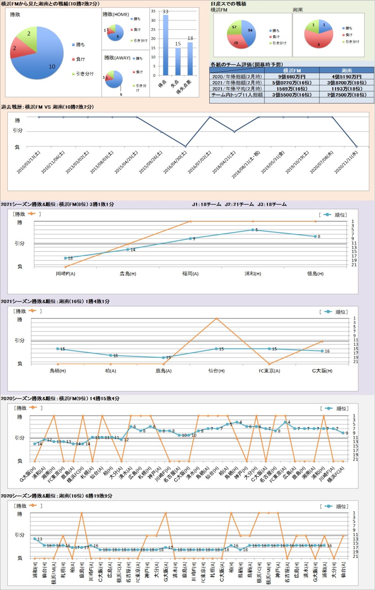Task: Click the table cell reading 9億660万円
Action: click(292, 77)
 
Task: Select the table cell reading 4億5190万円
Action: click(346, 77)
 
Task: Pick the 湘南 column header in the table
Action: click(346, 71)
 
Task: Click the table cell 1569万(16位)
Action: click(292, 89)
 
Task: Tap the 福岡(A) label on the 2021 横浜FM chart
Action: click(190, 274)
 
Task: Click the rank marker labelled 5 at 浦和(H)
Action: click(253, 230)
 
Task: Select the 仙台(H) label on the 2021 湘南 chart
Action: click(216, 371)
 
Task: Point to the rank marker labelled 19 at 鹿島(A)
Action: click(163, 358)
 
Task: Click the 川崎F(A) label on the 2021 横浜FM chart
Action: click(66, 274)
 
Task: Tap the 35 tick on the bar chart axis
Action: click(153, 11)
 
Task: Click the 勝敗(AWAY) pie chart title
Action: click(117, 58)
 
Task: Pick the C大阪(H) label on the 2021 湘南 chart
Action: click(322, 371)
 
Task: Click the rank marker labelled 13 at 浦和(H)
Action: click(35, 539)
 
